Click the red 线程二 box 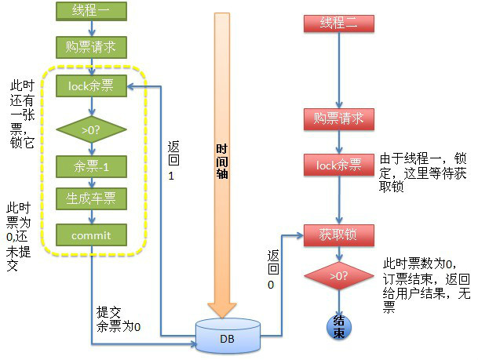338,23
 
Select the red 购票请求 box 338,119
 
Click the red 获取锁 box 338,235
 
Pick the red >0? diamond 338,276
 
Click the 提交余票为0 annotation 118,319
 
